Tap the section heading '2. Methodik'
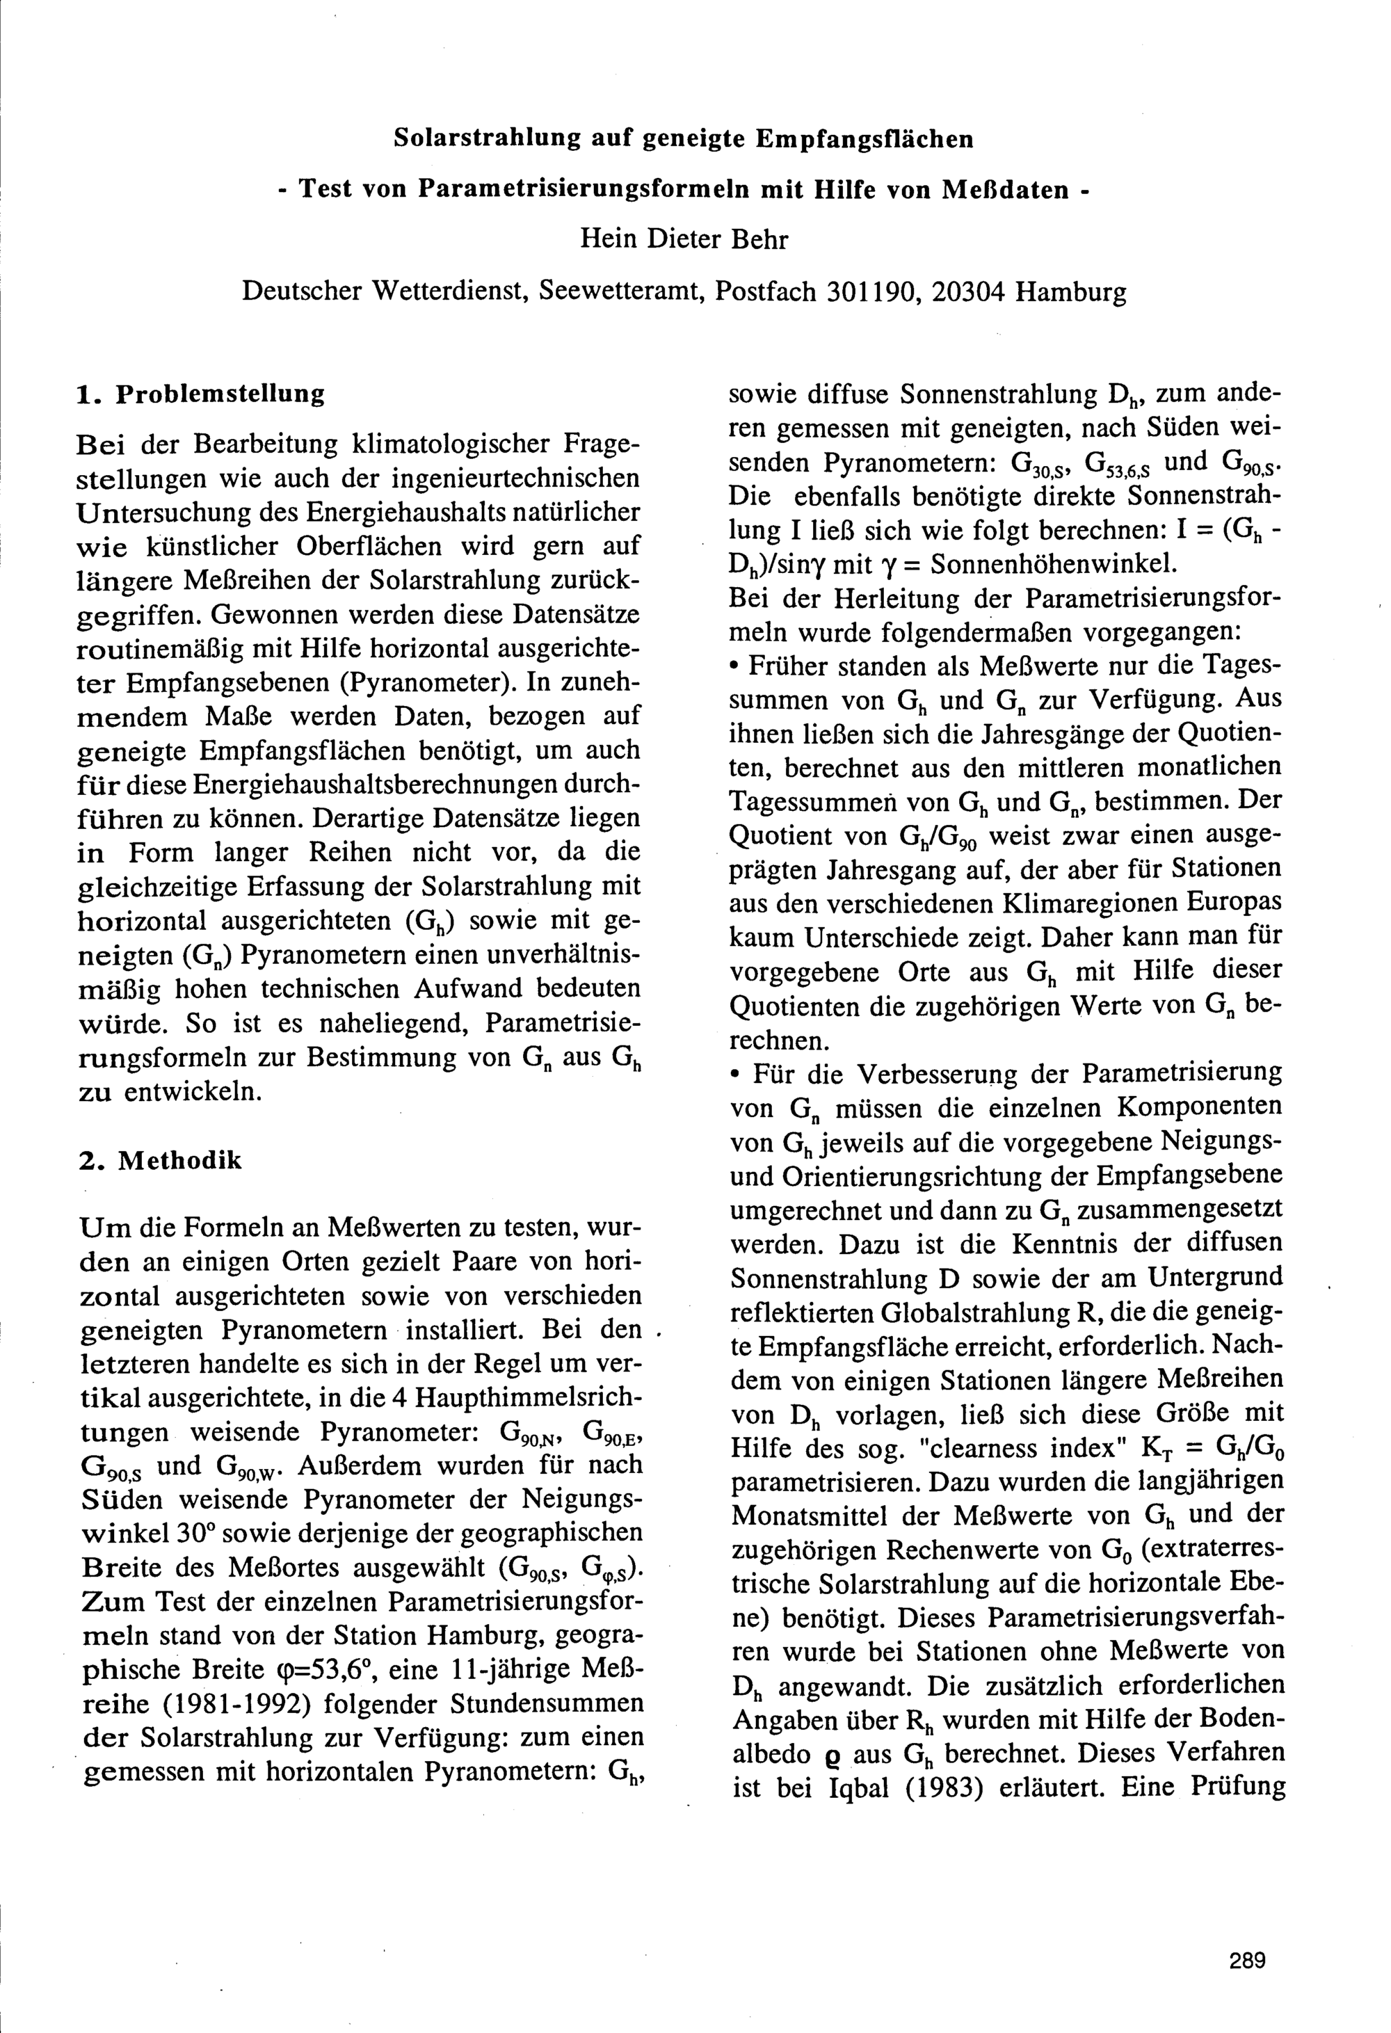point(160,1161)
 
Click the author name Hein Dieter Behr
point(684,239)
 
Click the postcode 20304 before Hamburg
point(970,291)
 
